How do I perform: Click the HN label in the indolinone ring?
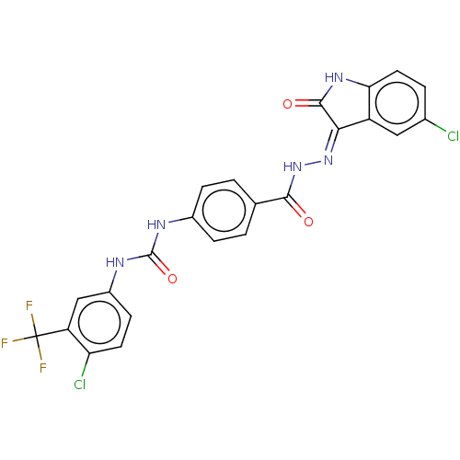pyautogui.click(x=334, y=77)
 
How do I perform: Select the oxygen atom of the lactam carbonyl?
pyautogui.click(x=288, y=104)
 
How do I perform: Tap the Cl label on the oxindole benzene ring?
pyautogui.click(x=453, y=136)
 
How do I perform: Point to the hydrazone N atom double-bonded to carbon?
pyautogui.click(x=328, y=160)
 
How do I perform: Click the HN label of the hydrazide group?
pyautogui.click(x=293, y=167)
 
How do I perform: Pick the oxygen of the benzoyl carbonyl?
pyautogui.click(x=308, y=222)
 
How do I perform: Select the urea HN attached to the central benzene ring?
pyautogui.click(x=156, y=224)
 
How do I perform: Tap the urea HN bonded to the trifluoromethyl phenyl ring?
pyautogui.click(x=115, y=262)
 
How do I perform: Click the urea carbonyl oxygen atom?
pyautogui.click(x=172, y=279)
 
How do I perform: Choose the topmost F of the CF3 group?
pyautogui.click(x=29, y=305)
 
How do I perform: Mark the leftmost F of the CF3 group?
pyautogui.click(x=5, y=343)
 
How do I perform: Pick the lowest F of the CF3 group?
pyautogui.click(x=43, y=368)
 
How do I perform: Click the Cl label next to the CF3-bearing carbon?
pyautogui.click(x=80, y=385)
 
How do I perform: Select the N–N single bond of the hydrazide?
pyautogui.click(x=313, y=164)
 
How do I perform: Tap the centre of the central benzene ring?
pyautogui.click(x=224, y=211)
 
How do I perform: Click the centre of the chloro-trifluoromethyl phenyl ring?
pyautogui.click(x=99, y=322)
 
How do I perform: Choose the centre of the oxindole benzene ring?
pyautogui.click(x=397, y=103)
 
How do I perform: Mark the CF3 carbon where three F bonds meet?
pyautogui.click(x=36, y=337)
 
